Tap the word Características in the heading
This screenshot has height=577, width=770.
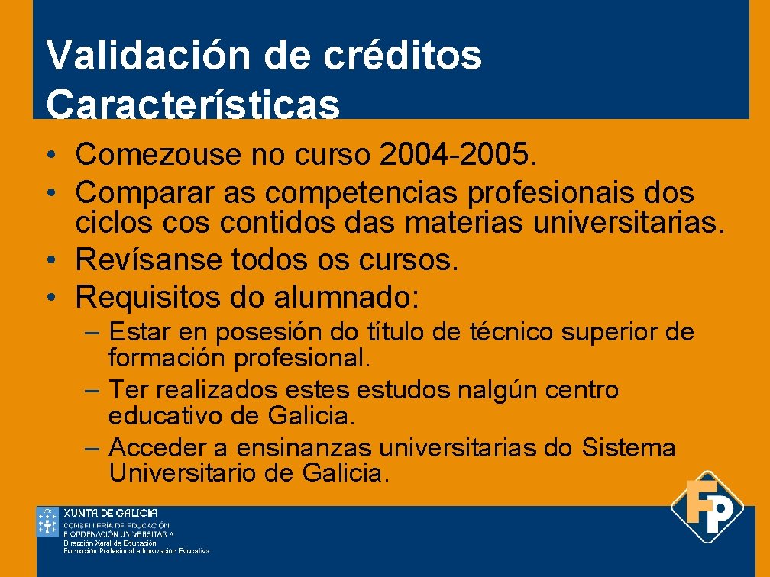pyautogui.click(x=192, y=105)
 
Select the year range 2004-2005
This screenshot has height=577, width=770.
pyautogui.click(x=458, y=155)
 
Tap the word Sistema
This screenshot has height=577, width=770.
pyautogui.click(x=629, y=448)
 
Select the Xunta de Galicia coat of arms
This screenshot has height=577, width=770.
pyautogui.click(x=47, y=522)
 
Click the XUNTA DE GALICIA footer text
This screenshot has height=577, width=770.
pyautogui.click(x=111, y=513)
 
